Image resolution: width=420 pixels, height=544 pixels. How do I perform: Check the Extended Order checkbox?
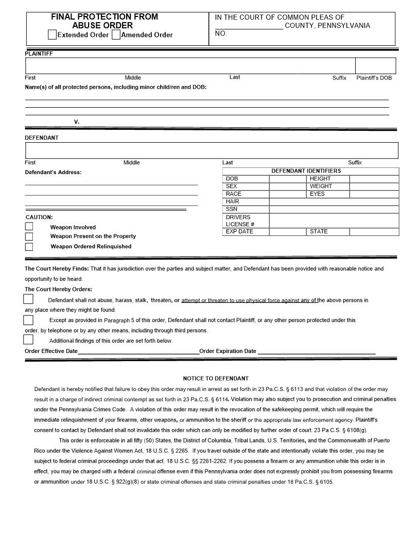[52, 35]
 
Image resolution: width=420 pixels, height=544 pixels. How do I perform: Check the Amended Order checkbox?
[116, 35]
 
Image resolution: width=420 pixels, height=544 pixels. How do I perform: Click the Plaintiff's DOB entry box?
[375, 66]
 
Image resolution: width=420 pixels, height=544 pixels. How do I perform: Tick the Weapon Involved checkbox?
[29, 226]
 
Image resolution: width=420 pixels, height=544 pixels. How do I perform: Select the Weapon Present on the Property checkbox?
[29, 236]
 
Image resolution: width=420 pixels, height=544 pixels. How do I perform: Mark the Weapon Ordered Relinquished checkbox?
[29, 247]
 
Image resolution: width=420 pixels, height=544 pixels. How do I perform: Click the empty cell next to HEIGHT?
[374, 179]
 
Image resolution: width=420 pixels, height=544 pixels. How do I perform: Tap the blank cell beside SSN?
[334, 209]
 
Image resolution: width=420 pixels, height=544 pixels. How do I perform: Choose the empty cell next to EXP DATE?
[288, 232]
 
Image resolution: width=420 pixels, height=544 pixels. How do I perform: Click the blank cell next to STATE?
[374, 232]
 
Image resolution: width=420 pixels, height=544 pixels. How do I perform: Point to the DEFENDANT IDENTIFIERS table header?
[306, 171]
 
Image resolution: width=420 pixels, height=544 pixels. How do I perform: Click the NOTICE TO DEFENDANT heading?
[216, 379]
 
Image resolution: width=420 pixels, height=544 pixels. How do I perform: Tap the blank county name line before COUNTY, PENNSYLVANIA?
[249, 27]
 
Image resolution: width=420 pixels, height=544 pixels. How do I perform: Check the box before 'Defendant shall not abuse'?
[28, 299]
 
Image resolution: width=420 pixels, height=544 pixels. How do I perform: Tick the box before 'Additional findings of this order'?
[28, 339]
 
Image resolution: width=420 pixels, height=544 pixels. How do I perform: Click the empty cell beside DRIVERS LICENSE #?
[334, 220]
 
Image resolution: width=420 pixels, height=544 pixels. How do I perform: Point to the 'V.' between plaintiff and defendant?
[77, 122]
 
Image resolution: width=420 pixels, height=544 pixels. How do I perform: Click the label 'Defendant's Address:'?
[53, 172]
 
